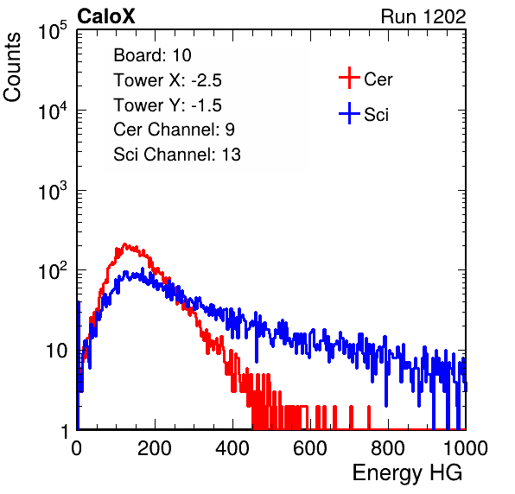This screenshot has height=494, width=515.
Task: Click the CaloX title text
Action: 106,16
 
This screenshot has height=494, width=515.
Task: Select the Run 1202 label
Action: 423,16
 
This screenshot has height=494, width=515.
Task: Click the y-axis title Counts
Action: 12,67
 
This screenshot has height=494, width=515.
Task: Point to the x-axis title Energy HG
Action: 407,472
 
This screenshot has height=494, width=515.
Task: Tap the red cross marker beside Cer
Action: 349,78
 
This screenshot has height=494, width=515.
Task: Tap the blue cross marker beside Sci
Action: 349,113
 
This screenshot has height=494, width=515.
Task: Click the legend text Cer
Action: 378,79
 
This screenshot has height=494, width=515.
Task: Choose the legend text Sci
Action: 377,115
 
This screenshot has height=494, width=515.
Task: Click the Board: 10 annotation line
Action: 152,55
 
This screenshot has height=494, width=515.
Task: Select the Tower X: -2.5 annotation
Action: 168,80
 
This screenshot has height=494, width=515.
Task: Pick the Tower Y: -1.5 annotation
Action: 168,105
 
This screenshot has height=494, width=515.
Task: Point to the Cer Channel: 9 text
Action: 174,130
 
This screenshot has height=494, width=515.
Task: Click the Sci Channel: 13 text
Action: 177,155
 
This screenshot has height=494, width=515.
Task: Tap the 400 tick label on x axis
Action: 232,448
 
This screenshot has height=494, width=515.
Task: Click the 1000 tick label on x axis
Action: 466,448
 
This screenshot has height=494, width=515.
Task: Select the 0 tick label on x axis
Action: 77,448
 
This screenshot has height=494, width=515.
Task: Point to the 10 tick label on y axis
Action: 57,351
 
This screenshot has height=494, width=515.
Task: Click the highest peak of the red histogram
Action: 124,244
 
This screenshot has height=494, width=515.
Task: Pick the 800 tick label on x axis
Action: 388,448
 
